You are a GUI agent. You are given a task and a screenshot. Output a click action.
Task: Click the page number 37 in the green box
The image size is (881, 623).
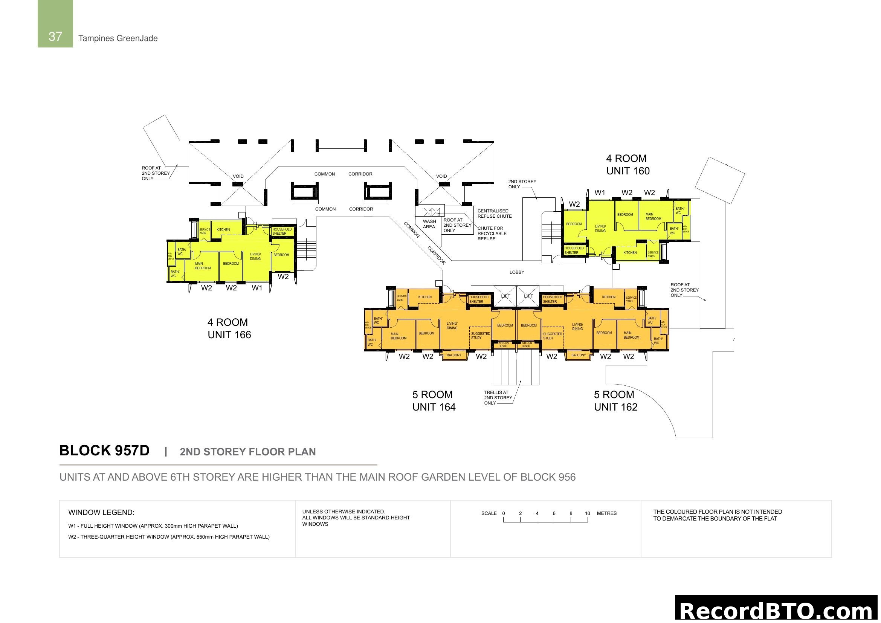55,37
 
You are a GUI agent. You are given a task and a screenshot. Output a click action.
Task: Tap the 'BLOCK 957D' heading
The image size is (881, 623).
104,450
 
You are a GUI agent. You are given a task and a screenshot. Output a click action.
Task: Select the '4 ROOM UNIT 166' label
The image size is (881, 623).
229,328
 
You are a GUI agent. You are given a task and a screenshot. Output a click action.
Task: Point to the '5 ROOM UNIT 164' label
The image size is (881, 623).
434,401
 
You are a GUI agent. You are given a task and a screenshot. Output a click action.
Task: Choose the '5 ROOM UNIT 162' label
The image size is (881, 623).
615,401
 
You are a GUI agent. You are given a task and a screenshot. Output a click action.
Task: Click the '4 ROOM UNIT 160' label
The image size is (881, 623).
628,165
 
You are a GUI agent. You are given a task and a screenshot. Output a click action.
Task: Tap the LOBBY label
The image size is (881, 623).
517,272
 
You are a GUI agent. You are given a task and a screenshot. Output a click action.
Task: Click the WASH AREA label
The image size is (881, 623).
429,224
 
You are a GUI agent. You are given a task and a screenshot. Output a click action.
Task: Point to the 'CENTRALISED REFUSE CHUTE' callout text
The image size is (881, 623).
495,214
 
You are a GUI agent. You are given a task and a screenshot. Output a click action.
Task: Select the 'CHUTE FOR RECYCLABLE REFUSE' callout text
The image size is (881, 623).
492,233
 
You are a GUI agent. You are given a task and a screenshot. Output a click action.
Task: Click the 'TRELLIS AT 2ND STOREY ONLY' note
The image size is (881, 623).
498,398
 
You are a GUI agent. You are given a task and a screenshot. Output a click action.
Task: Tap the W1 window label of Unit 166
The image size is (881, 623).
257,288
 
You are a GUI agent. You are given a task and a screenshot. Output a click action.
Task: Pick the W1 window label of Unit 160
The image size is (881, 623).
600,192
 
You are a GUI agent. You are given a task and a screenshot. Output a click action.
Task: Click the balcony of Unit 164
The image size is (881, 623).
454,355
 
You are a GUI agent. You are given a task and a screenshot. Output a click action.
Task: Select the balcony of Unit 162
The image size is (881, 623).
579,355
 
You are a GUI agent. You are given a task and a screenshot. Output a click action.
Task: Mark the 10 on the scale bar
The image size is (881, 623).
588,513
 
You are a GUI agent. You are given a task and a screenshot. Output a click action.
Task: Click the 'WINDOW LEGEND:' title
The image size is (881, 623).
101,513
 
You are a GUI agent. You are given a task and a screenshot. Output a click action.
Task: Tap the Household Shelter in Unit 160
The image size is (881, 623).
574,250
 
